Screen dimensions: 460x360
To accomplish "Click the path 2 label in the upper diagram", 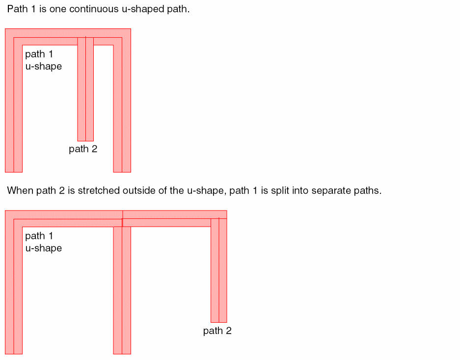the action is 83,149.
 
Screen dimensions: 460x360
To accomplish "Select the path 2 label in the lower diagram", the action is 217,331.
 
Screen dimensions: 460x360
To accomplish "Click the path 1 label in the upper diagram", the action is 39,54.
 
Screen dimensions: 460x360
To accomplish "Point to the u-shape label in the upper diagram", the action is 44,67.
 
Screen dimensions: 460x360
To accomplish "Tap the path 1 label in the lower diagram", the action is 39,236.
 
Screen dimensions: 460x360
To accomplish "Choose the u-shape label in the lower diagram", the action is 44,249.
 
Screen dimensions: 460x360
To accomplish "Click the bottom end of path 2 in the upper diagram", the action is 85,141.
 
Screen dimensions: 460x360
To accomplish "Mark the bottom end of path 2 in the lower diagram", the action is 219,322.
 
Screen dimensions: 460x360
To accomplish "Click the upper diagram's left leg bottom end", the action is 14,172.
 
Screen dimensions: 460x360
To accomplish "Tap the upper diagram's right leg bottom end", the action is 122,172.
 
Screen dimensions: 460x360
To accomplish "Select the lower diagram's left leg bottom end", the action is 14,354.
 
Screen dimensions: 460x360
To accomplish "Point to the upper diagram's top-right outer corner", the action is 131,29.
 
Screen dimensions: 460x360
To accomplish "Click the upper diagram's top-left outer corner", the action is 5,29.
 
